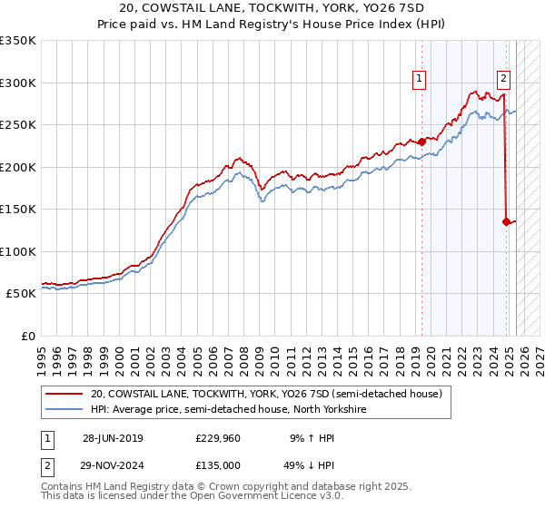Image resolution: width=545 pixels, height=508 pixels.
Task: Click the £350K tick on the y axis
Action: [18, 41]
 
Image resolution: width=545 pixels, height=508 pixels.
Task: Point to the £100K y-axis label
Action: [18, 251]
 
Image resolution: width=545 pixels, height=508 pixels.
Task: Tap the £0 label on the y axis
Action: [27, 336]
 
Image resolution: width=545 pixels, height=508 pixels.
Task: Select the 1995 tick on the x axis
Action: [42, 353]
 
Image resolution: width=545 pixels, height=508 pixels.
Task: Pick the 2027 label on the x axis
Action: [539, 353]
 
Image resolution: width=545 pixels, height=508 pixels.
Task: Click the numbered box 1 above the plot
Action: [420, 79]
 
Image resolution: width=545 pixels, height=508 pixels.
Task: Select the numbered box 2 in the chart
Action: [503, 79]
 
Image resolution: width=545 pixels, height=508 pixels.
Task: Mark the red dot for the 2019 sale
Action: [422, 142]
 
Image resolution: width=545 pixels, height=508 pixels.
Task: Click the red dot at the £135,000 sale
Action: [506, 221]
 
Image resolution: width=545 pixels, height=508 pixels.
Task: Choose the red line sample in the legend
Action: [64, 395]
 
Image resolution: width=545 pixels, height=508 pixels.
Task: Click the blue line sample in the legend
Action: [64, 408]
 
